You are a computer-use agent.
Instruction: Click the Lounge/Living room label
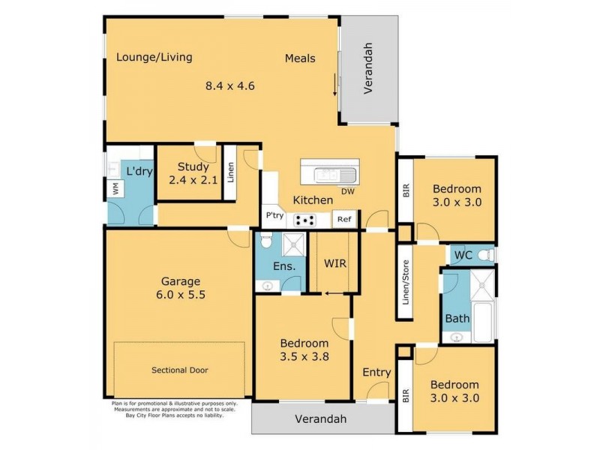(154, 57)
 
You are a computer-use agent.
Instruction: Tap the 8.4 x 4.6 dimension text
(230, 85)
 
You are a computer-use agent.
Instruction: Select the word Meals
(300, 58)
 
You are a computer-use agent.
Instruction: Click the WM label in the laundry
(115, 190)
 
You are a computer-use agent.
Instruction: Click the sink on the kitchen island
(328, 175)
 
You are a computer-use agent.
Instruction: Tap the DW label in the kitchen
(347, 191)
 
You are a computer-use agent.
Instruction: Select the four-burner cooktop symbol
(305, 220)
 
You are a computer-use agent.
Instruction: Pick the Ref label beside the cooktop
(343, 220)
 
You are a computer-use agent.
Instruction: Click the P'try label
(274, 216)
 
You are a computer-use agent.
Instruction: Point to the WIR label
(334, 264)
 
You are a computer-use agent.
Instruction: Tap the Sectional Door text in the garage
(180, 370)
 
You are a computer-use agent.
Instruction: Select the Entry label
(376, 373)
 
